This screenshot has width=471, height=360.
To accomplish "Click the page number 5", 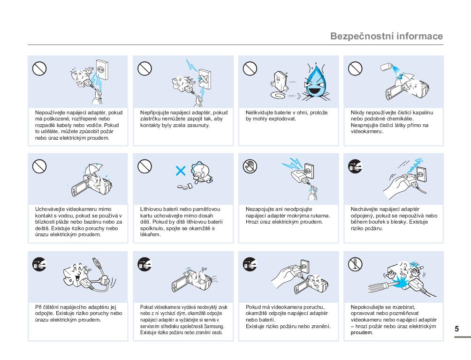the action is point(456,329).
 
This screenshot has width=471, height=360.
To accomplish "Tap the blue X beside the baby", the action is point(181,171).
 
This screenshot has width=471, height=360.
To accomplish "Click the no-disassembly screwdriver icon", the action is point(355,264).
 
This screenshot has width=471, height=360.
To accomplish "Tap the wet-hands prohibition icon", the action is point(250,166).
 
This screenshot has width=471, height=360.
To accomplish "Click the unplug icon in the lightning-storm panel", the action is point(355,166).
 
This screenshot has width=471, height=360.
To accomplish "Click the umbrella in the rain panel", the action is point(93,169).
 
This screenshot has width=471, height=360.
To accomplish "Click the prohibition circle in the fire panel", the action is point(250,68).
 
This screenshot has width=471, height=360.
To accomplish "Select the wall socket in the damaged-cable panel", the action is point(102,70).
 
